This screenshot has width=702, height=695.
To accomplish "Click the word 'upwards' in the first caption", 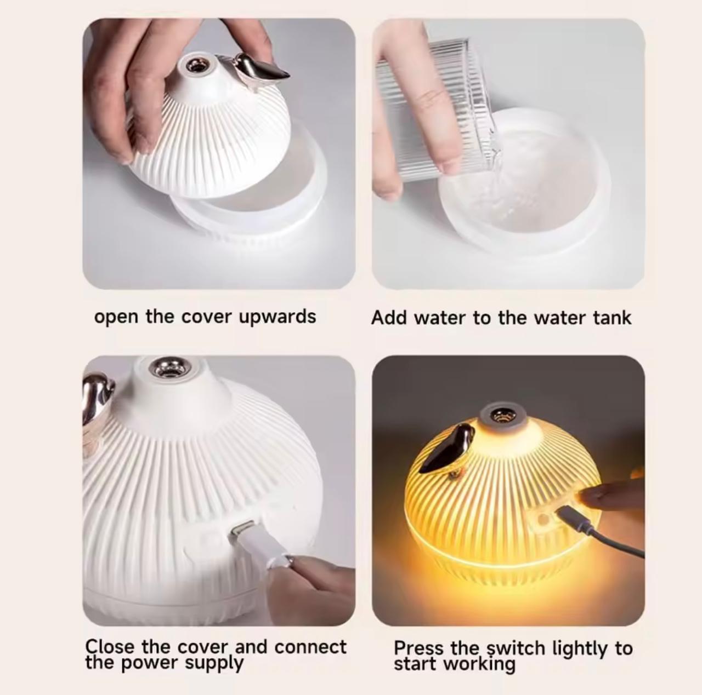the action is (277, 317).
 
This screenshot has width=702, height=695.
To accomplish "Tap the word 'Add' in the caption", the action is (389, 318).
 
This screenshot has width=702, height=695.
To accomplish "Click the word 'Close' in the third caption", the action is (110, 647).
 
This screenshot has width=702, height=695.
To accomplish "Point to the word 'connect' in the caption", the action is (310, 647).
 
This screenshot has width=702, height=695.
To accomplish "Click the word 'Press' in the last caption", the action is (418, 648).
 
